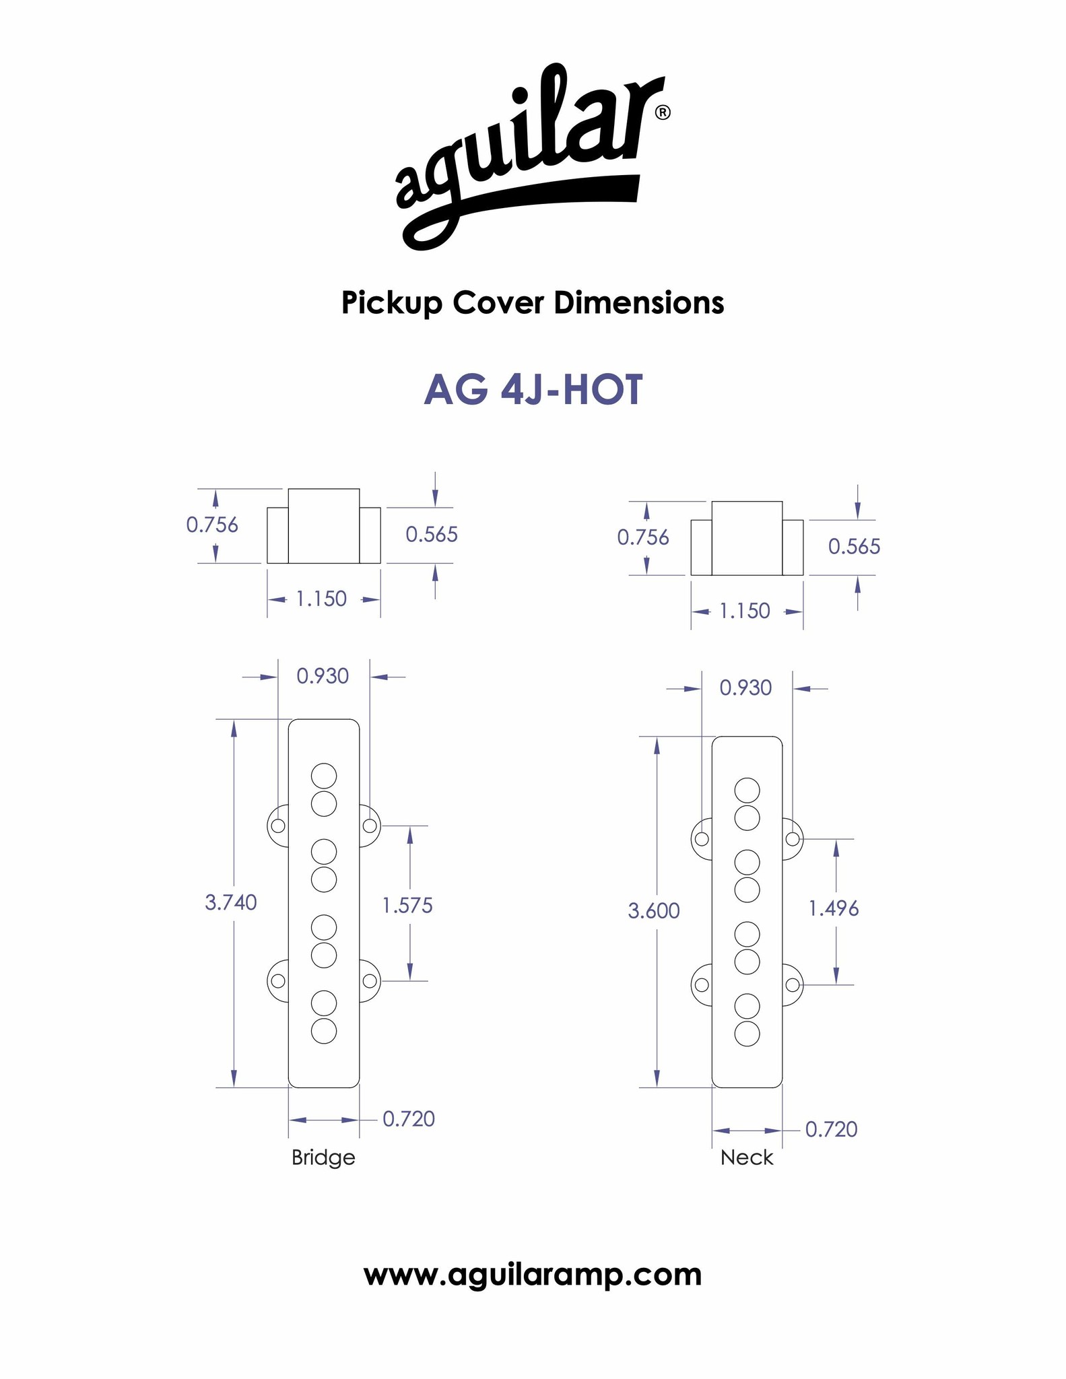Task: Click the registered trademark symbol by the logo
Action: pos(662,112)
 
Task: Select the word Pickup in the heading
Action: pos(391,303)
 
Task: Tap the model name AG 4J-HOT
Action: pos(533,391)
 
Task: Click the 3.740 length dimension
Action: pos(231,902)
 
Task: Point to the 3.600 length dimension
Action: pos(654,911)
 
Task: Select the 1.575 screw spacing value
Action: pos(407,905)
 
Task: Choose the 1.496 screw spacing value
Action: pos(834,909)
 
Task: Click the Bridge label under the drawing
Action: pos(323,1157)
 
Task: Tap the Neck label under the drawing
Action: pos(747,1157)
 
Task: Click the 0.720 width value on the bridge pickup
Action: pos(409,1118)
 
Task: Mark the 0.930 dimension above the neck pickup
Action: pos(745,687)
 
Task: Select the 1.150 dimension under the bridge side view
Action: pos(321,599)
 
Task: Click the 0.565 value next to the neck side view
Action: pos(854,546)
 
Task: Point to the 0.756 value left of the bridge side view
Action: pos(212,525)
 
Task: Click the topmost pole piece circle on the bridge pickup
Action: pos(324,775)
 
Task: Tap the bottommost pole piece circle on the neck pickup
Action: pos(747,1034)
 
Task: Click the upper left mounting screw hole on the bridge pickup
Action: pos(277,826)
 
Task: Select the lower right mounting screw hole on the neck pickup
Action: pos(793,985)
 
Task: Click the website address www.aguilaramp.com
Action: pos(533,1275)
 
